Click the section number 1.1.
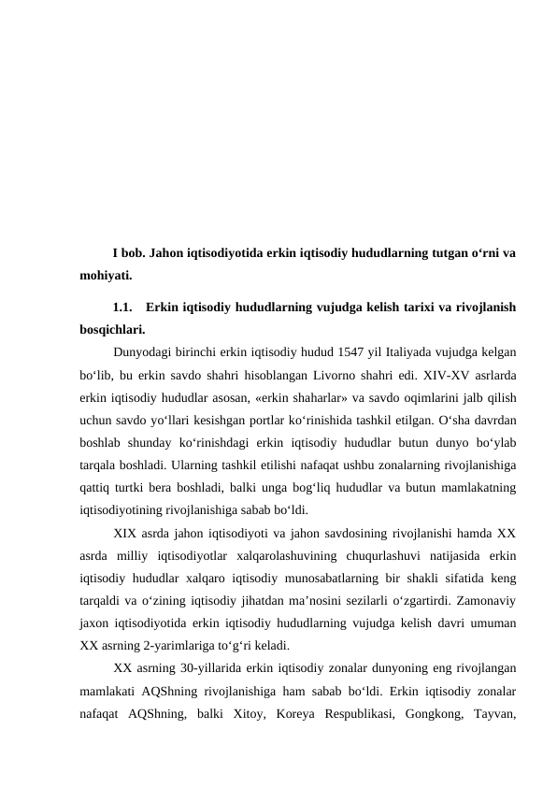point(122,307)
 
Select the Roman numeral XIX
point(126,534)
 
